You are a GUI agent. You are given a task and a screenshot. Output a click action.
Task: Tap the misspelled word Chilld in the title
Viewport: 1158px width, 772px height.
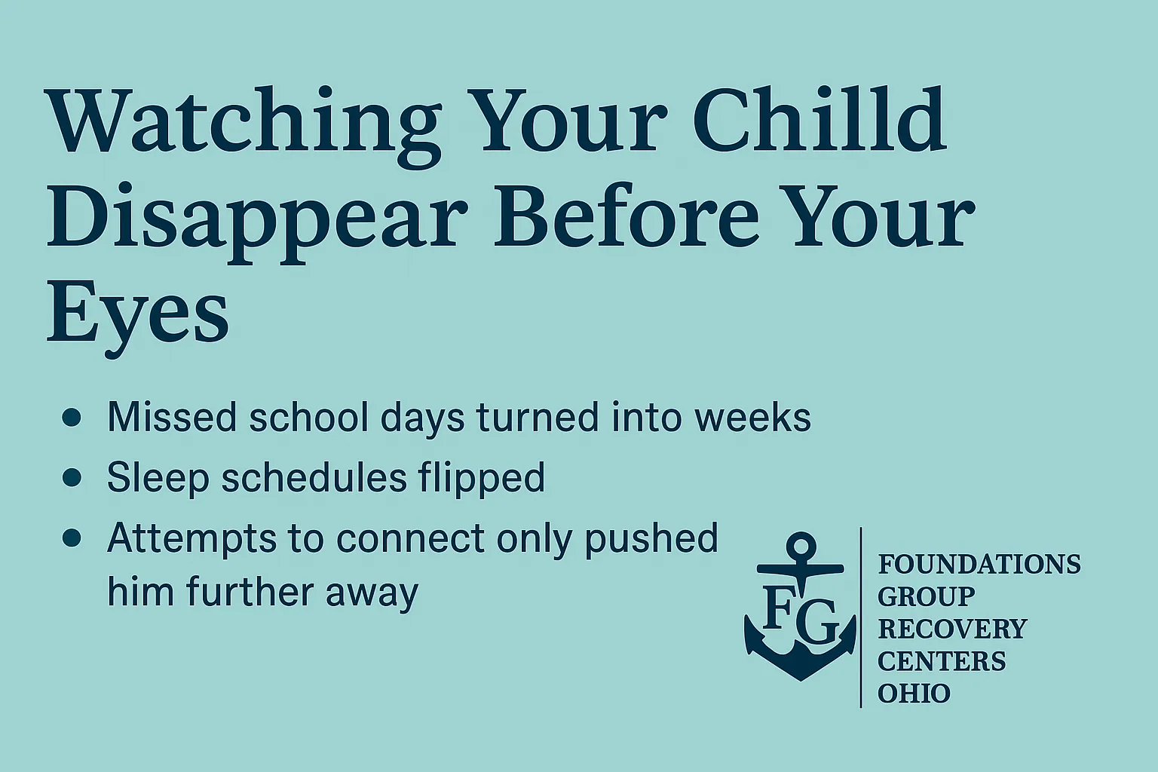point(819,118)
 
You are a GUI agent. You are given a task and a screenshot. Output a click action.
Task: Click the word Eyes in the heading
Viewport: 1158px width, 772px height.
point(137,315)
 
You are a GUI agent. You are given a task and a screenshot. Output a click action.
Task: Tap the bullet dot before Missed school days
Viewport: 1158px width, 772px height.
point(72,417)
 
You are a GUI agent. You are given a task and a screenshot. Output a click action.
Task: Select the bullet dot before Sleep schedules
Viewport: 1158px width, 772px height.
point(72,477)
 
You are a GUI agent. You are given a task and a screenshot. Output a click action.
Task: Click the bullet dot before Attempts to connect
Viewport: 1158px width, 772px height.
point(72,538)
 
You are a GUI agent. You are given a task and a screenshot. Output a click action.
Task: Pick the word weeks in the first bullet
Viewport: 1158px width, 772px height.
point(752,417)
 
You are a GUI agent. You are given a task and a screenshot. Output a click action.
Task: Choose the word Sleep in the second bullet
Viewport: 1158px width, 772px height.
point(158,478)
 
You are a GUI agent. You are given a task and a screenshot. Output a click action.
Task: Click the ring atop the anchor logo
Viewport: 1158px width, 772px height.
point(801,546)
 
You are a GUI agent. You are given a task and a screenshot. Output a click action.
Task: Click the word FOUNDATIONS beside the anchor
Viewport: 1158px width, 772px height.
point(979,564)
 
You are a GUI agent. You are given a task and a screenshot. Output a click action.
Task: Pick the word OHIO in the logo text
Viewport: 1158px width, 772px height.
point(914,694)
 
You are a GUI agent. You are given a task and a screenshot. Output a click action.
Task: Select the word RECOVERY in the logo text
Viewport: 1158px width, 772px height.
point(952,629)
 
